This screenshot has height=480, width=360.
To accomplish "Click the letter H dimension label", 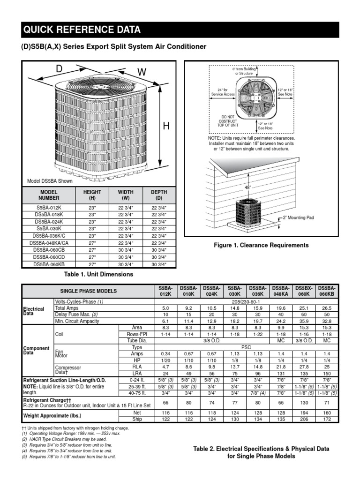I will point(166,126).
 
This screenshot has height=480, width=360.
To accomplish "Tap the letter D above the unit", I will point(59,69).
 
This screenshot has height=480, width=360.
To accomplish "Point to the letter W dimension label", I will point(142,72).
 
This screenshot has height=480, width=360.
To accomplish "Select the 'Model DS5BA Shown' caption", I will point(50,181).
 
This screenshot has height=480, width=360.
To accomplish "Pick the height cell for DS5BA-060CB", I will point(92,250).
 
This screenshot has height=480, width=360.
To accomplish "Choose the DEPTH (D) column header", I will point(159,195).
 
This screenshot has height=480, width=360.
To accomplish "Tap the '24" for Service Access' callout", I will point(223,91).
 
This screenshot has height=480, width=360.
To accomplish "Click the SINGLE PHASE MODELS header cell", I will point(88,291).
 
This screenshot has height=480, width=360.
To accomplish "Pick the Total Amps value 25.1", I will point(304,308).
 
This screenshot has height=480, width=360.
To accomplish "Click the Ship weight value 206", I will point(304,419).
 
